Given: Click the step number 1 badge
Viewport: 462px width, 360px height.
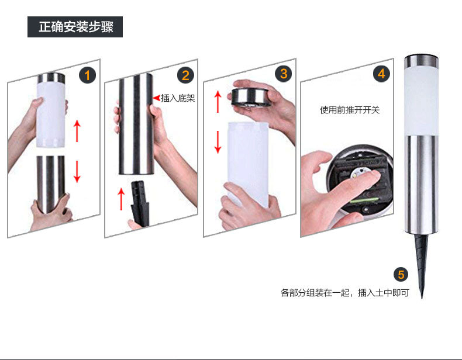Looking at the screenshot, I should (x=88, y=75).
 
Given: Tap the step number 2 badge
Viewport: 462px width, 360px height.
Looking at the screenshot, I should (x=185, y=75).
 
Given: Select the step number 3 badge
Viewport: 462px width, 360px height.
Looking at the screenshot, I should (x=284, y=74).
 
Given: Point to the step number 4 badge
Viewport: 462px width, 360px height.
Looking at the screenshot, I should (x=381, y=74).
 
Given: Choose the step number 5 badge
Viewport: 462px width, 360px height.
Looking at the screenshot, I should (x=400, y=275).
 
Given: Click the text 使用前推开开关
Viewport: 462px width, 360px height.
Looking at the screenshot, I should (x=350, y=109).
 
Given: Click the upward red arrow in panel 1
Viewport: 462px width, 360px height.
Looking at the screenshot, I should (x=77, y=130).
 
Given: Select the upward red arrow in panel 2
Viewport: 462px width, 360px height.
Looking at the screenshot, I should (x=122, y=199).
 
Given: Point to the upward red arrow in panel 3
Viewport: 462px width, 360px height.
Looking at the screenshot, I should (x=218, y=101).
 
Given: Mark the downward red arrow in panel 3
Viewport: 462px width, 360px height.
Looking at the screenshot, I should (x=218, y=141).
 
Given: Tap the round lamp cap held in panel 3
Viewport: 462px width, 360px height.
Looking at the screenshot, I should (x=251, y=97).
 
